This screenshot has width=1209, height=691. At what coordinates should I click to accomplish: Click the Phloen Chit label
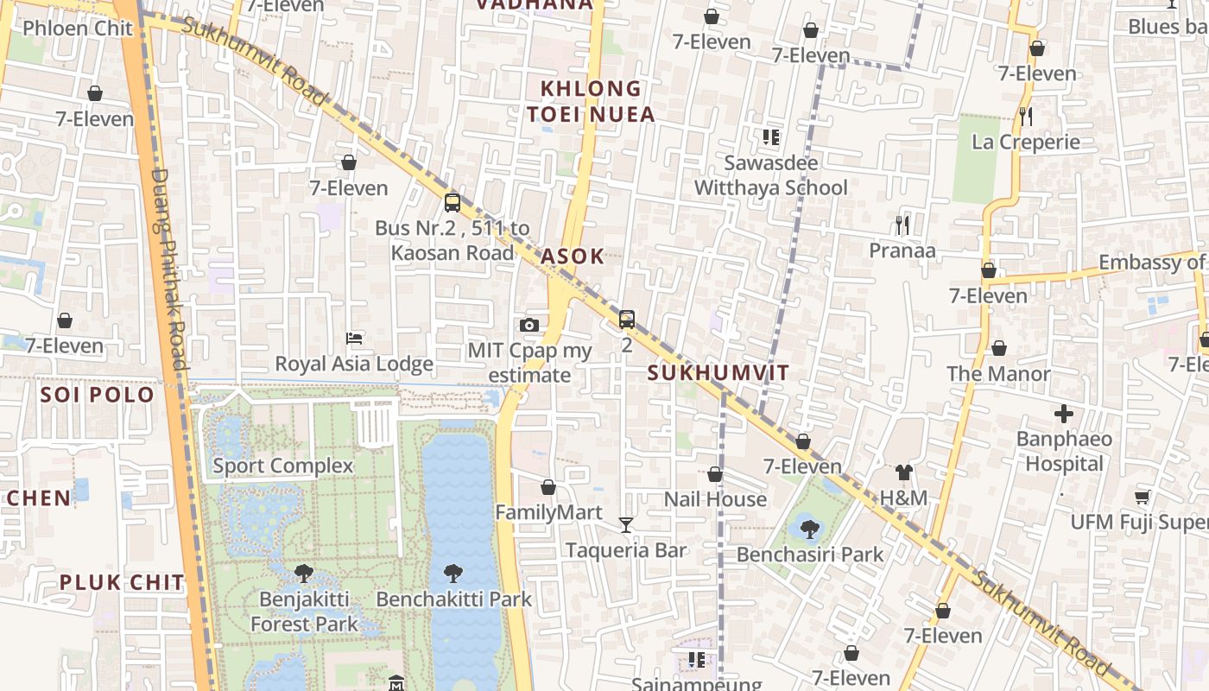tap(78, 29)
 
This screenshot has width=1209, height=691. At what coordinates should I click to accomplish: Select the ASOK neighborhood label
tap(573, 257)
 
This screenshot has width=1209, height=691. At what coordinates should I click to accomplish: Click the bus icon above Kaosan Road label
tap(453, 203)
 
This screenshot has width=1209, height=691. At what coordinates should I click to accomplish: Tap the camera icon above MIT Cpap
tap(529, 325)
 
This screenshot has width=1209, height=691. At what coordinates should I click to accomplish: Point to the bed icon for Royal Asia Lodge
tap(354, 338)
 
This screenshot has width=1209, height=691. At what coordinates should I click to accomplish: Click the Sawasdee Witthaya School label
tap(771, 175)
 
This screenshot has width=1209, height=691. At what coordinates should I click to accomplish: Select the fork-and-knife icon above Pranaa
tap(902, 225)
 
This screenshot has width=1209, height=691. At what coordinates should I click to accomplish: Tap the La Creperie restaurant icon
tap(1026, 116)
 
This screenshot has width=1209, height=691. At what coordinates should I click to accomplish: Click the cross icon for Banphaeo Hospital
tap(1064, 414)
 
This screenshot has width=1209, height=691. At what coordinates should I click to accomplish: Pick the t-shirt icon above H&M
tap(904, 472)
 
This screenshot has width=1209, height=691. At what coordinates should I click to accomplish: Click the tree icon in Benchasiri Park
tap(809, 529)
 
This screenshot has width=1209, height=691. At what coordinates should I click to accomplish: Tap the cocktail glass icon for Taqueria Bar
tap(626, 524)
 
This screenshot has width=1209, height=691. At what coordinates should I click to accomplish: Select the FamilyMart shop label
tap(548, 512)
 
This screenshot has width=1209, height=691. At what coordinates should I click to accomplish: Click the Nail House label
tap(715, 499)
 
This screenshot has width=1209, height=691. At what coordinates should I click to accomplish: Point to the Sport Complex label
tap(283, 466)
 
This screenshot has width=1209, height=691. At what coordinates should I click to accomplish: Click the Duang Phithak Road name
tap(169, 268)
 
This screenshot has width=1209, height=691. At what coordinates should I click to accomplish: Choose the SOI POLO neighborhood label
tap(98, 396)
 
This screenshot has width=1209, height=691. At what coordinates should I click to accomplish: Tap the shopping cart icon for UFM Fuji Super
tap(1143, 497)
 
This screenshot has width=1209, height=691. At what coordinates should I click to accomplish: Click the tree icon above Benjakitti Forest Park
tap(304, 572)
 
